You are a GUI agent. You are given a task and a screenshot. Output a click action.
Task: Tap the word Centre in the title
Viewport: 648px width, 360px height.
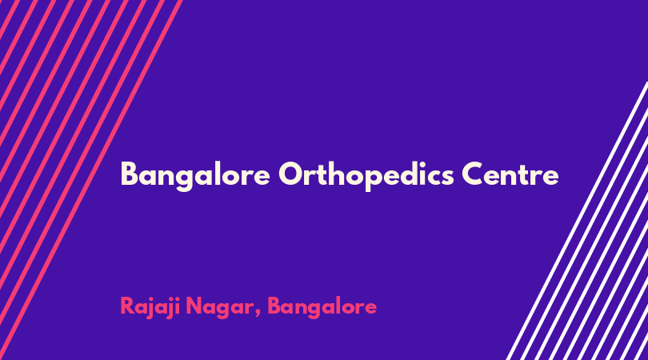[510, 174]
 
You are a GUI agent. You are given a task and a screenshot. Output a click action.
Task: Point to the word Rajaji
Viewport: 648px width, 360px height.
[150, 307]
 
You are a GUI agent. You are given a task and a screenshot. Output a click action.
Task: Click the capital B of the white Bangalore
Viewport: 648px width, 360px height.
[130, 174]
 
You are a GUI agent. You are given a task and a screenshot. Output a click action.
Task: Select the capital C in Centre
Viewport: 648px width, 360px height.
[473, 174]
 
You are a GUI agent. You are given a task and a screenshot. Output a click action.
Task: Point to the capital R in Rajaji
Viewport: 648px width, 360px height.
[127, 306]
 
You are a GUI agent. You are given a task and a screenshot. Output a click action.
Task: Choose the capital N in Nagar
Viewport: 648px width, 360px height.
[194, 306]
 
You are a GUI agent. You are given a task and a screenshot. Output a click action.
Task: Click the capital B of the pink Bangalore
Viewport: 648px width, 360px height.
[274, 306]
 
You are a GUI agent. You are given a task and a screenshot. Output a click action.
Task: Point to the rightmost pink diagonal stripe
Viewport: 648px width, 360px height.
[91, 180]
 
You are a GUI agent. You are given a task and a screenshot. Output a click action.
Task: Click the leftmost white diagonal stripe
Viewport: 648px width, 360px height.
[578, 221]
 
